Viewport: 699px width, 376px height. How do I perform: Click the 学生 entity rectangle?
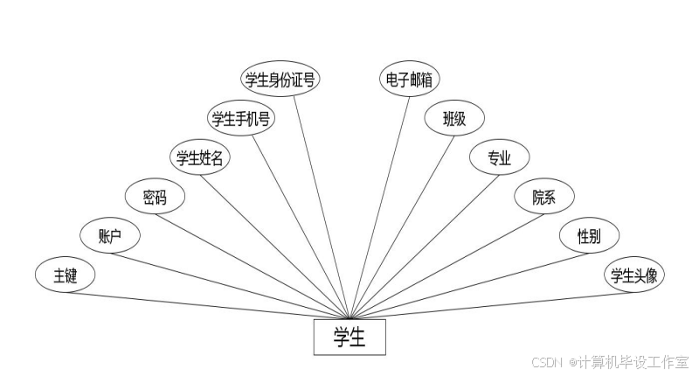(x=349, y=338)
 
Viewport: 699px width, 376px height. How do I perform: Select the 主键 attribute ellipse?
(x=66, y=275)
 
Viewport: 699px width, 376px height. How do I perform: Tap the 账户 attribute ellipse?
(x=110, y=235)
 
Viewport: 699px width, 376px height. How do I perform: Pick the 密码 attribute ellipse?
(x=156, y=197)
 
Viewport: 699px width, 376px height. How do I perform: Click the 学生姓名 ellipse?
(x=199, y=157)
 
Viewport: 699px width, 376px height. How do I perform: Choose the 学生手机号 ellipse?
(x=241, y=118)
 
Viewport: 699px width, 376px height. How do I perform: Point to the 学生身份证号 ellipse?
(x=280, y=80)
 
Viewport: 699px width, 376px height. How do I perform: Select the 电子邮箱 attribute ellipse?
(x=409, y=80)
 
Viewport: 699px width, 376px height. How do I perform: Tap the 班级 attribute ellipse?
(x=454, y=118)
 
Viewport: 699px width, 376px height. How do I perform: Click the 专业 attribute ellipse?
(x=499, y=157)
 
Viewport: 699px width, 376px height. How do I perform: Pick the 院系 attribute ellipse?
(x=543, y=197)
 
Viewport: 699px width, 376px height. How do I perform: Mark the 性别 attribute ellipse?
(x=588, y=235)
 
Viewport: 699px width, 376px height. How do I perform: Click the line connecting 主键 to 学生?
(x=210, y=305)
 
